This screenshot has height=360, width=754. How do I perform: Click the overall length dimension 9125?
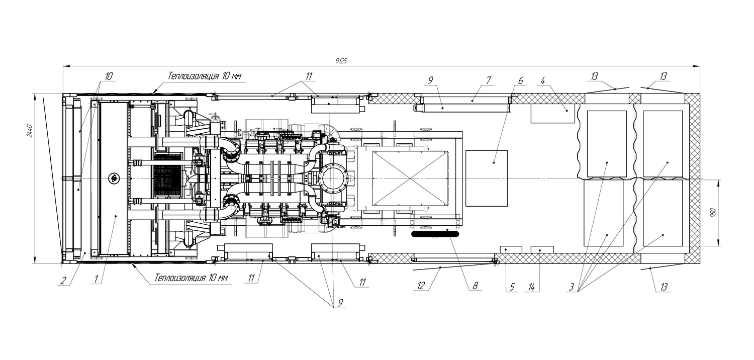pyautogui.click(x=341, y=61)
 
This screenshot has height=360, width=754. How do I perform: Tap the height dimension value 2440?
pyautogui.click(x=30, y=131)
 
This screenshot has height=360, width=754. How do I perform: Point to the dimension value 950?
pyautogui.click(x=712, y=213)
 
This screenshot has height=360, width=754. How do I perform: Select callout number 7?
pyautogui.click(x=488, y=80)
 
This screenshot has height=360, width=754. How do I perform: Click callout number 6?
pyautogui.click(x=520, y=80)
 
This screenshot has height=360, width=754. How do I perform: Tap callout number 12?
pyautogui.click(x=421, y=286)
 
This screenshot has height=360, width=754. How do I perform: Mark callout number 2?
pyautogui.click(x=63, y=281)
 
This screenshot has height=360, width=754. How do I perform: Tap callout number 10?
pyautogui.click(x=109, y=76)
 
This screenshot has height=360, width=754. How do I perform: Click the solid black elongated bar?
pyautogui.click(x=435, y=233)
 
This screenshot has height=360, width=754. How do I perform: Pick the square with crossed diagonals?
pyautogui.click(x=410, y=178)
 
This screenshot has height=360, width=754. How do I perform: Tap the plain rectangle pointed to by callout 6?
pyautogui.click(x=487, y=178)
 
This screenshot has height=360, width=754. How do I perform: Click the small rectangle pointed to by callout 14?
pyautogui.click(x=542, y=249)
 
